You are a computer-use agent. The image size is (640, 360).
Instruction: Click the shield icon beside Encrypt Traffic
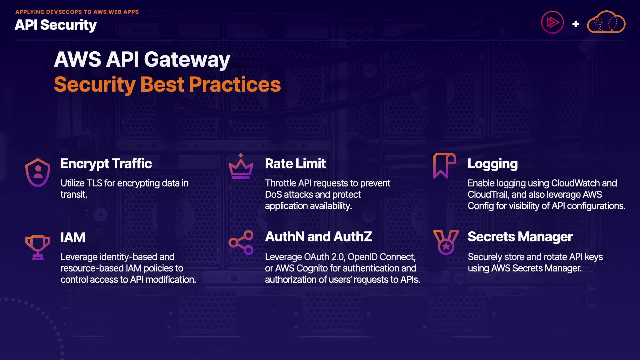[x=38, y=172]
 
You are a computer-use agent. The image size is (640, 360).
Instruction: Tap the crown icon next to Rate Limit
[x=241, y=167]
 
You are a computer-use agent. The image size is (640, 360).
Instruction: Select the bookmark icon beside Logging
[x=444, y=165]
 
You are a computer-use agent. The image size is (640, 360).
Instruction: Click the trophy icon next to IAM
[x=38, y=247]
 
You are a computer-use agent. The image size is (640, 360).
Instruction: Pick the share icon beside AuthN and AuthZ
[x=241, y=242]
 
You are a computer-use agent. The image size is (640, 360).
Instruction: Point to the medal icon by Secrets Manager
[x=446, y=242]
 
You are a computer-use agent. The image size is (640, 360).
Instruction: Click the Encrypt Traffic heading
[x=106, y=164]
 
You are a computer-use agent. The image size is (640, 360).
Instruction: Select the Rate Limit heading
[x=295, y=164]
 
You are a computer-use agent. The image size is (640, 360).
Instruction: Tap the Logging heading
[x=492, y=164]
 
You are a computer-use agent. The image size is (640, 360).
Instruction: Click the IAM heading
[x=73, y=238]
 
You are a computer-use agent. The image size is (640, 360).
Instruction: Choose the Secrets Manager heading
[x=520, y=237]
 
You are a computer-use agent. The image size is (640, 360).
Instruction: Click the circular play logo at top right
[x=552, y=23]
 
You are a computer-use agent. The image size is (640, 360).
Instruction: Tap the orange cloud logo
[x=606, y=23]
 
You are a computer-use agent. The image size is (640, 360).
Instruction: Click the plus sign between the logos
[x=575, y=24]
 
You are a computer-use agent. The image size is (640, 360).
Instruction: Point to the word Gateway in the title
[x=187, y=60]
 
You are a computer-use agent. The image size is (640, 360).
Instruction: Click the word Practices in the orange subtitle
[x=235, y=84]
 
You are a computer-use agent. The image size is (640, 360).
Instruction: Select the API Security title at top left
[x=56, y=25]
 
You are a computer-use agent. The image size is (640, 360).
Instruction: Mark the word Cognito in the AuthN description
[x=312, y=268]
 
